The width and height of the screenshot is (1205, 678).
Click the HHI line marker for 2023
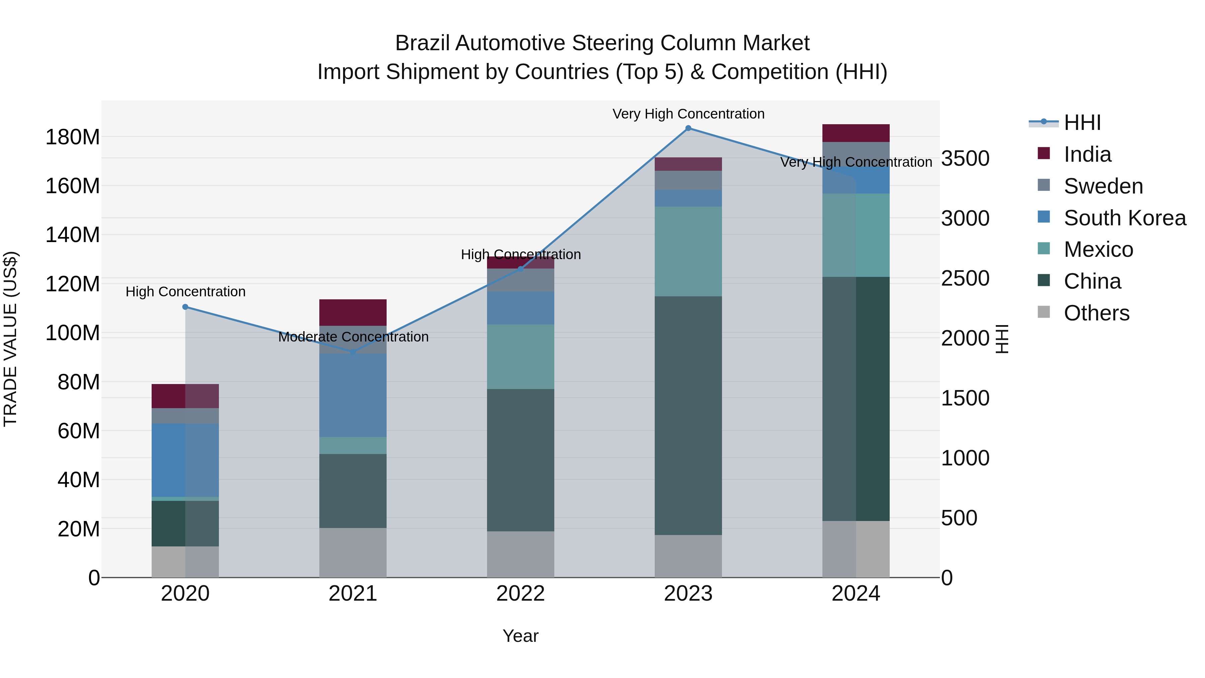[688, 128]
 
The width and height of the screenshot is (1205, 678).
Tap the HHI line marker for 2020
[185, 307]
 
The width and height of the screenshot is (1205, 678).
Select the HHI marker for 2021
[353, 352]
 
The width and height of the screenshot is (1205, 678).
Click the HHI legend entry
[1082, 123]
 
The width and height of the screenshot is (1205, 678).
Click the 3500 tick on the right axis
[965, 159]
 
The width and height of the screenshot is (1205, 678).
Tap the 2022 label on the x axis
[520, 594]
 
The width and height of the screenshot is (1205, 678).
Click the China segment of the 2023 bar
[688, 416]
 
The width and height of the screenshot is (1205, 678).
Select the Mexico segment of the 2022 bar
[520, 357]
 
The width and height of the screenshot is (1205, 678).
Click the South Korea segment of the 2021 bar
[353, 395]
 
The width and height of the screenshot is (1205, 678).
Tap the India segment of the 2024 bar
[856, 133]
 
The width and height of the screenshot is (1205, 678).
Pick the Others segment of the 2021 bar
[353, 552]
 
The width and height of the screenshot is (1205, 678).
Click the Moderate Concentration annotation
[353, 337]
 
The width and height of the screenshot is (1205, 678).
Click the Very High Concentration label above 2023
[689, 114]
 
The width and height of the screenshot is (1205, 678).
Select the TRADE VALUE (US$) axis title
[10, 339]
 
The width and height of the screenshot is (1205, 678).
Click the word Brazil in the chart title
[422, 44]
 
